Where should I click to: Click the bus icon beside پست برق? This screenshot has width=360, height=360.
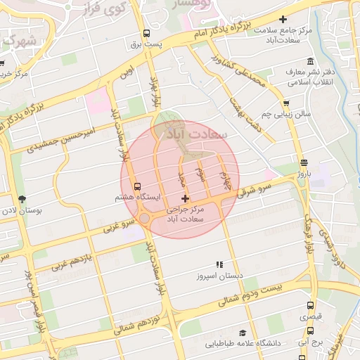[x=146, y=33]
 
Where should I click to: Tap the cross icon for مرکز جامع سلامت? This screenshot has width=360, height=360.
[x=283, y=20]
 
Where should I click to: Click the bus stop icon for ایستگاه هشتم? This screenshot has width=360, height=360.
[x=136, y=186]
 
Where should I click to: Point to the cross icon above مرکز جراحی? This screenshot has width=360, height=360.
[x=185, y=200]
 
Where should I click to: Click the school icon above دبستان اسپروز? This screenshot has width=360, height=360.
[x=219, y=264]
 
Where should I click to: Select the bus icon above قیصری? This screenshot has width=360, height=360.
[x=310, y=305]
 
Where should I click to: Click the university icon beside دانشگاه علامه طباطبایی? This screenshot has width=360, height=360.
[x=242, y=333]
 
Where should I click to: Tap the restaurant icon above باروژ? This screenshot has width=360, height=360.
[x=303, y=162]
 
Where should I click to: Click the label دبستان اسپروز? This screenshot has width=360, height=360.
[x=219, y=276]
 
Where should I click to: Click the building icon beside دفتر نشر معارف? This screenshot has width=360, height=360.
[x=289, y=72]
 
